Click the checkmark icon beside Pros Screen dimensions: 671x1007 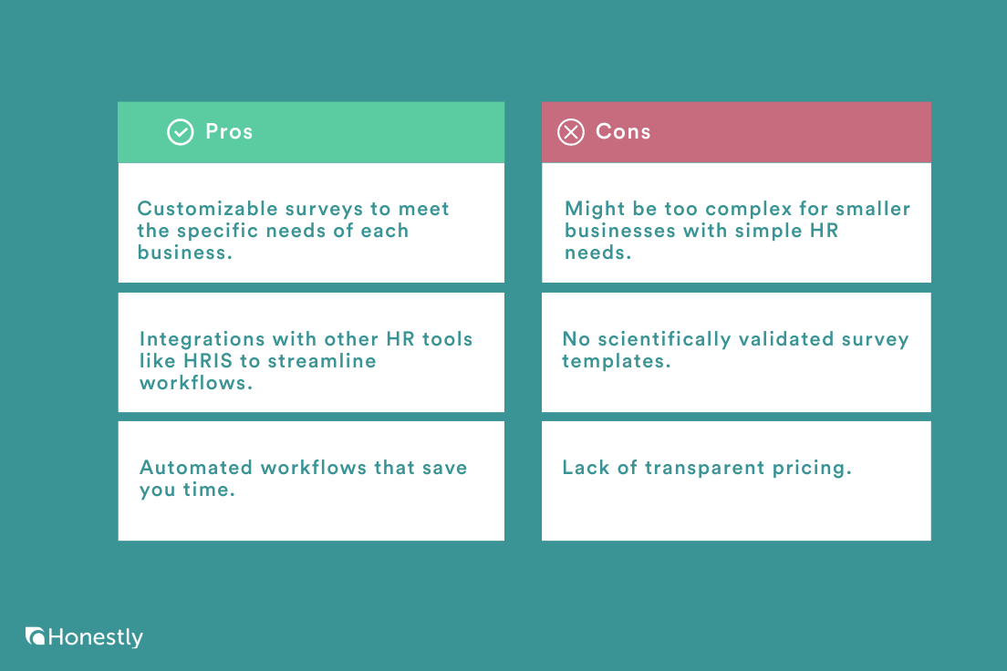pyautogui.click(x=180, y=132)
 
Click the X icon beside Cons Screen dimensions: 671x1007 pyautogui.click(x=570, y=132)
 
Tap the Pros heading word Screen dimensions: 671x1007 pyautogui.click(x=229, y=131)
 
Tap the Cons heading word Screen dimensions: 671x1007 pyautogui.click(x=623, y=131)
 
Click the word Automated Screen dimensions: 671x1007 pyautogui.click(x=196, y=468)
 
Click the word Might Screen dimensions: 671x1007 pyautogui.click(x=595, y=209)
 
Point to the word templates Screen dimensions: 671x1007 pyautogui.click(x=615, y=361)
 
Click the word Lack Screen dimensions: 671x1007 pyautogui.click(x=587, y=468)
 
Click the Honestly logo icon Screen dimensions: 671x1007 pyautogui.click(x=36, y=636)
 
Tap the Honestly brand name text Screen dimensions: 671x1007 pyautogui.click(x=96, y=637)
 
